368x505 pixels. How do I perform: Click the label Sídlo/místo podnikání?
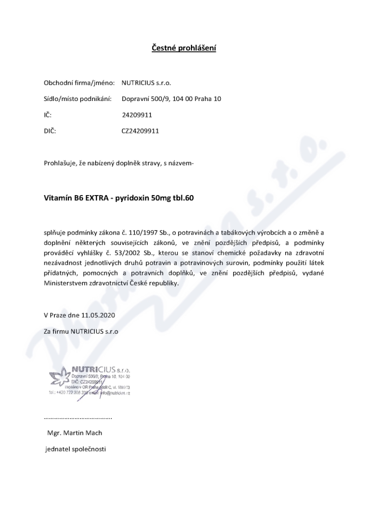(78, 99)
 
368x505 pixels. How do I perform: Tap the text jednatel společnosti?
(75, 449)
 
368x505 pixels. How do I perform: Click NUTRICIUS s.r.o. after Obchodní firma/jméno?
(146, 84)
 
